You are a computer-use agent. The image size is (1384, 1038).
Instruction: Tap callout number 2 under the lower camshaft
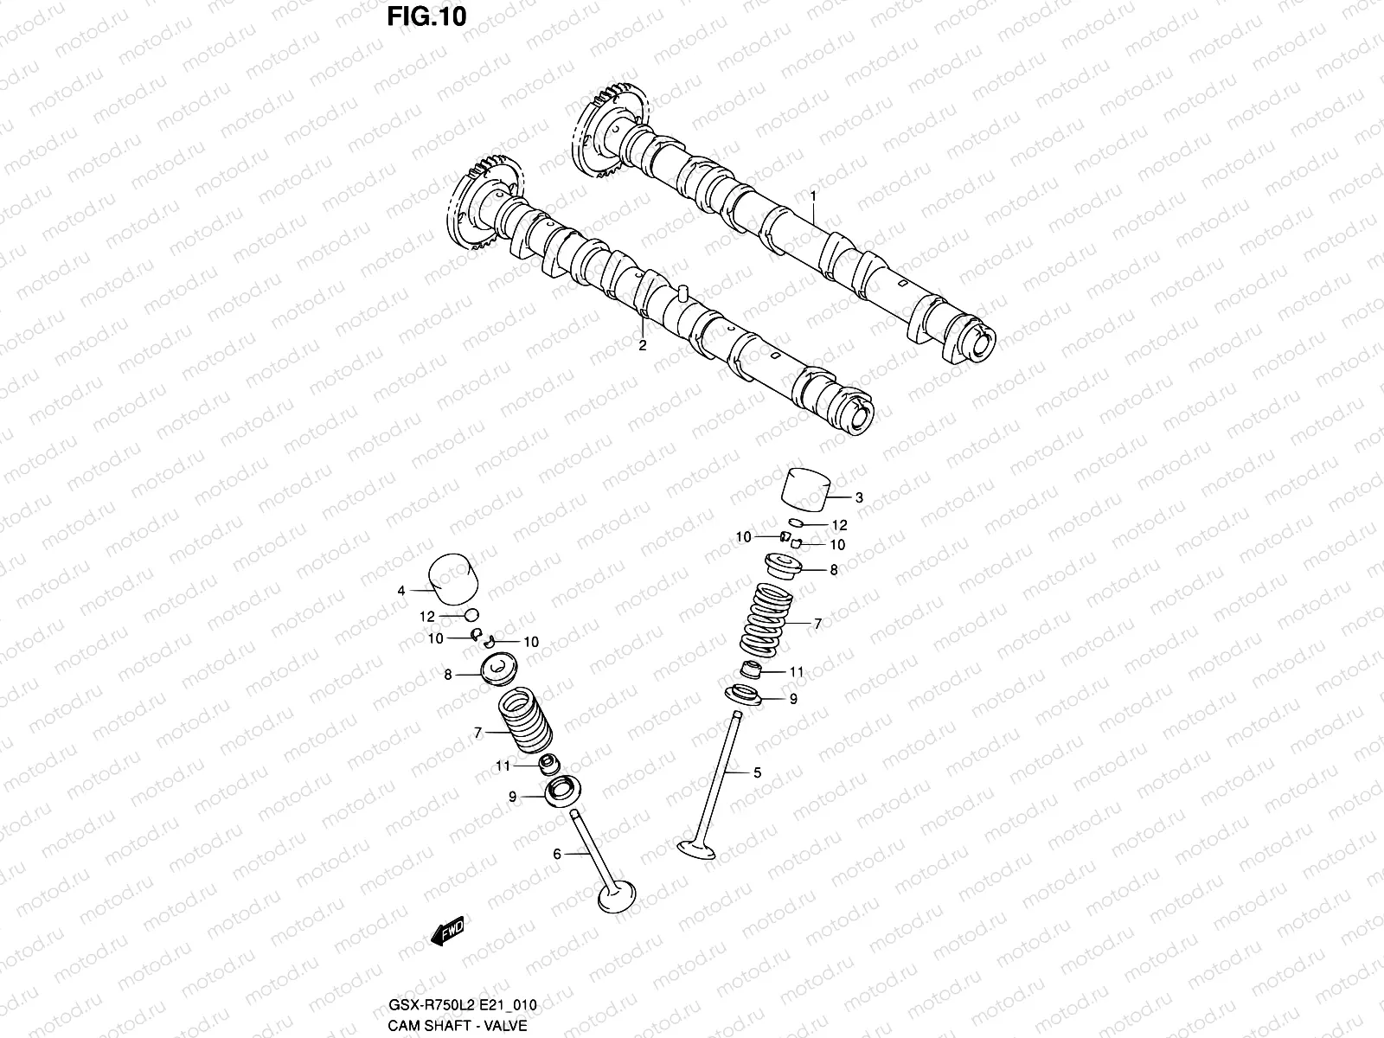coord(642,345)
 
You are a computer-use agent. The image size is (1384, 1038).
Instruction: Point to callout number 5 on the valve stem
coord(757,772)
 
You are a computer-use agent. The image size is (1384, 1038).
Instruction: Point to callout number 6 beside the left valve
coord(557,854)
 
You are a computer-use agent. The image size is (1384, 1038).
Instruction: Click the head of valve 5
coord(697,849)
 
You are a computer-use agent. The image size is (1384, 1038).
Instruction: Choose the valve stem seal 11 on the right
coord(753,670)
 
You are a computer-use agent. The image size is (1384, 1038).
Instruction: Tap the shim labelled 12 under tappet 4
coord(471,615)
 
